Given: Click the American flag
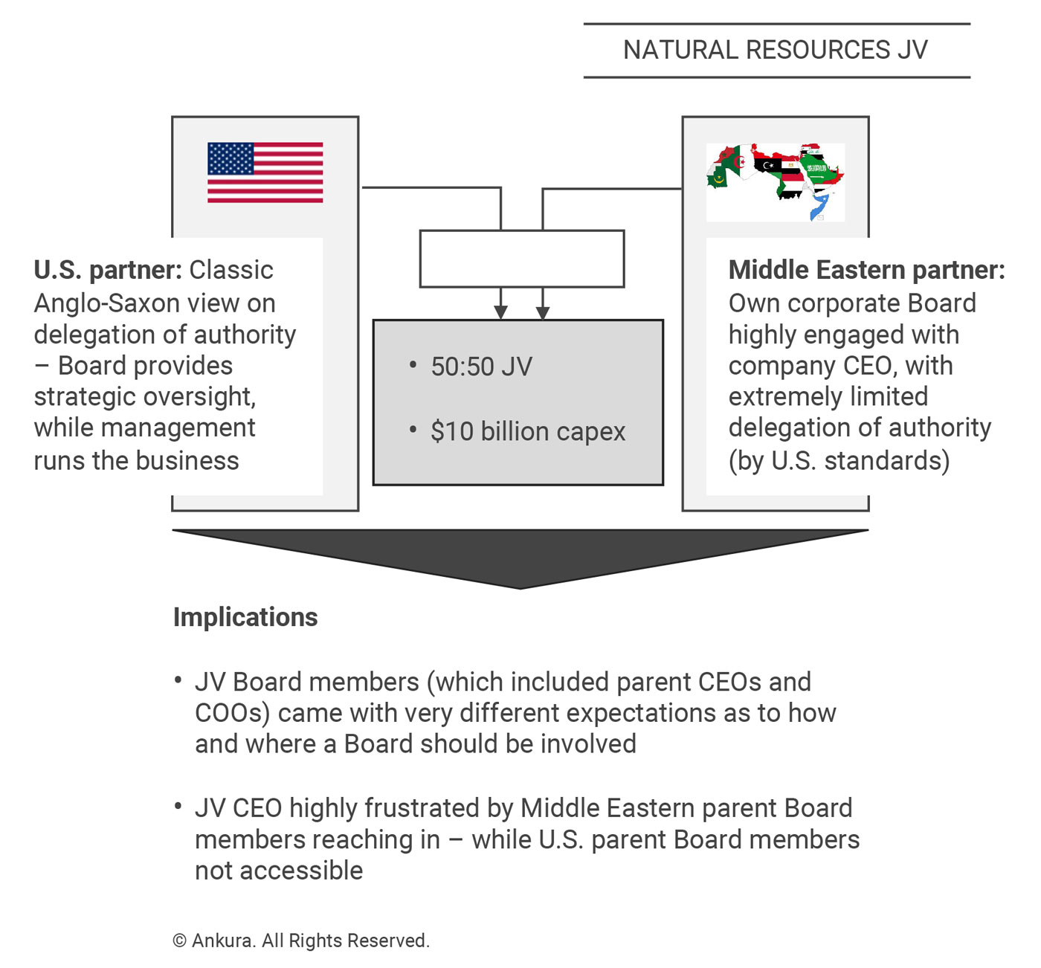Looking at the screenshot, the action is pyautogui.click(x=265, y=172).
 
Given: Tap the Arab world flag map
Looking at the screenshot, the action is pyautogui.click(x=775, y=181).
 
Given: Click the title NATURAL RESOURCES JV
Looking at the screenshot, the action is pyautogui.click(x=776, y=50).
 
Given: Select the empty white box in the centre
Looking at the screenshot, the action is pyautogui.click(x=521, y=259).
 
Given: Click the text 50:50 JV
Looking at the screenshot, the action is pyautogui.click(x=481, y=367).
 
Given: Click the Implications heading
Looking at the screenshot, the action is pyautogui.click(x=245, y=617).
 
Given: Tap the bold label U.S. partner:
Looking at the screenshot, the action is pyautogui.click(x=108, y=270).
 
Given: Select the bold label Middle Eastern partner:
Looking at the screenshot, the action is pyautogui.click(x=866, y=270).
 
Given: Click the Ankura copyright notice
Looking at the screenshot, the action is pyautogui.click(x=301, y=940).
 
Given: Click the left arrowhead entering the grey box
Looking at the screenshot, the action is pyautogui.click(x=500, y=312).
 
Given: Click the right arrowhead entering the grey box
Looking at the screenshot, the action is pyautogui.click(x=543, y=312).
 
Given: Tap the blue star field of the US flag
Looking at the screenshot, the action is pyautogui.click(x=231, y=158).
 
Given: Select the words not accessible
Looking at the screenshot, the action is pyautogui.click(x=279, y=870).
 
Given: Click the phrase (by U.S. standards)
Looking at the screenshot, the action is pyautogui.click(x=839, y=461).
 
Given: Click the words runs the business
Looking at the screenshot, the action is pyautogui.click(x=136, y=461).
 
